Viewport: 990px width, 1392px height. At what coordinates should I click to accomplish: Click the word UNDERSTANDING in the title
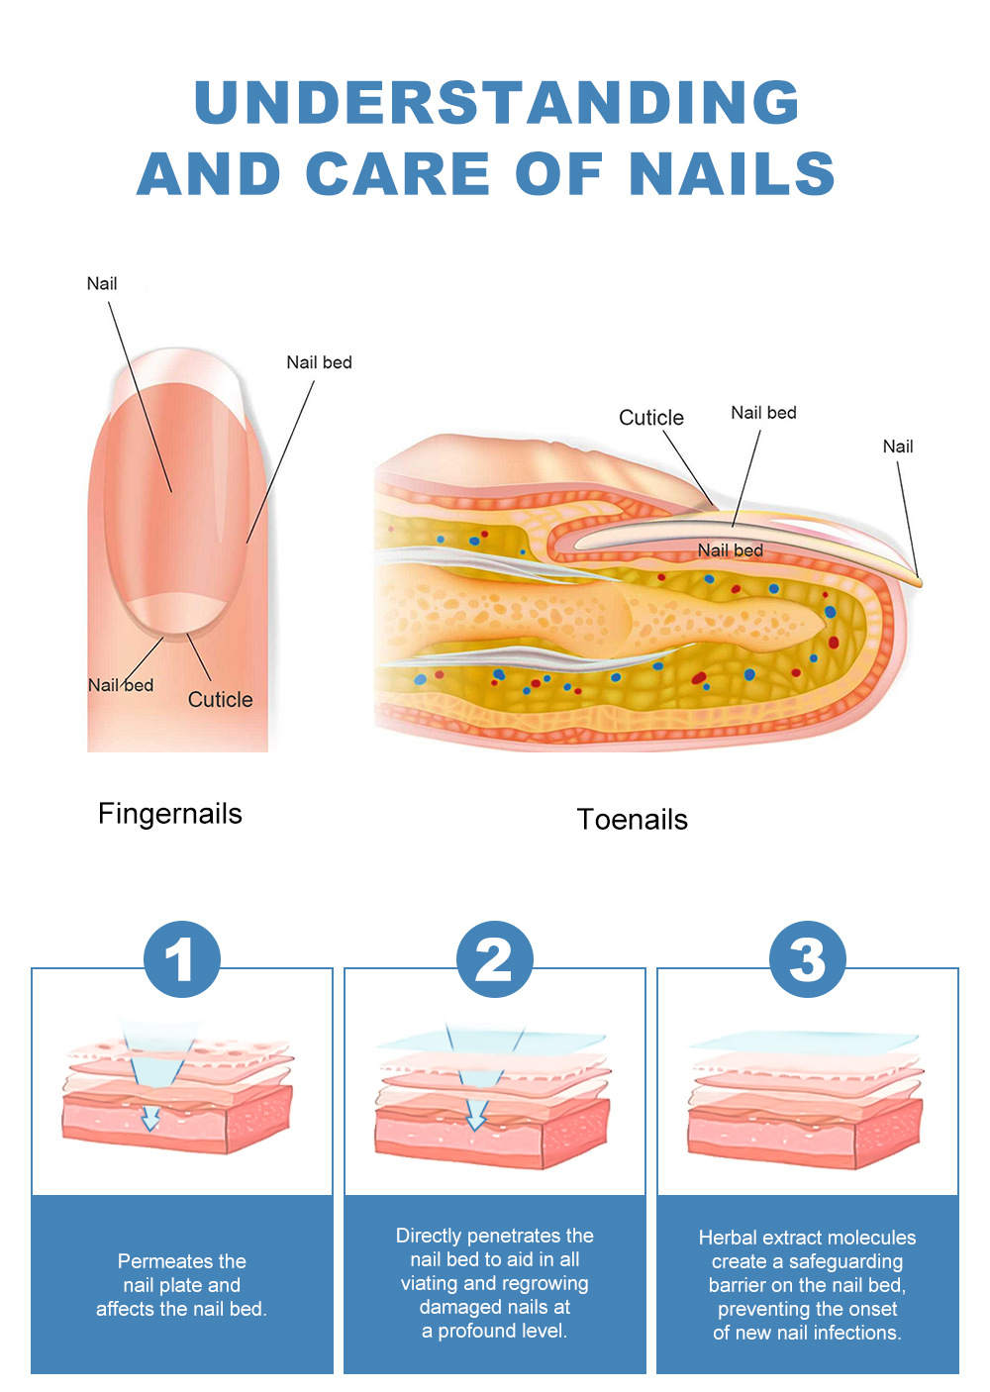point(497,102)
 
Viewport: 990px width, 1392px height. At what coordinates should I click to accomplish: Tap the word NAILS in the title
point(732,174)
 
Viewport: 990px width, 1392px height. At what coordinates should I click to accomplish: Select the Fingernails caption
point(170,814)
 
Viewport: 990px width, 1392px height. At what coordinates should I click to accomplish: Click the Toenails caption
point(633,820)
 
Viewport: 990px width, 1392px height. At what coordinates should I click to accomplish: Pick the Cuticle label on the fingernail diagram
point(220,700)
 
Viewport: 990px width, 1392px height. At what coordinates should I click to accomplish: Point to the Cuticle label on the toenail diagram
point(650,418)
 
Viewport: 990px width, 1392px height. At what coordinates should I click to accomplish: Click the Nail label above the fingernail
point(102,284)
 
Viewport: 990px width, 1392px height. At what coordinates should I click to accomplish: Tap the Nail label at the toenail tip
point(898,447)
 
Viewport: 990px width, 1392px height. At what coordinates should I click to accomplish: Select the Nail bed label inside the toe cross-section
point(730,550)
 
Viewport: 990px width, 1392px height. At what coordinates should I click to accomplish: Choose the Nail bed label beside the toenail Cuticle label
point(763,413)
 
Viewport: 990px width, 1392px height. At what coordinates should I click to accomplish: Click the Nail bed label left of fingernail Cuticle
point(121,685)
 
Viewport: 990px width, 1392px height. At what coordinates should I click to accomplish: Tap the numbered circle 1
point(181,959)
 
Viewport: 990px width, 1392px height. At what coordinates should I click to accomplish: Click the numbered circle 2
point(494,959)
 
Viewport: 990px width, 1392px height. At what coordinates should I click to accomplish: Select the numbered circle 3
point(807,959)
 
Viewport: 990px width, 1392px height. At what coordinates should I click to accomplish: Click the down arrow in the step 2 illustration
point(476,1116)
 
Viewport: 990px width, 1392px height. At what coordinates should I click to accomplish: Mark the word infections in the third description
point(856,1333)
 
